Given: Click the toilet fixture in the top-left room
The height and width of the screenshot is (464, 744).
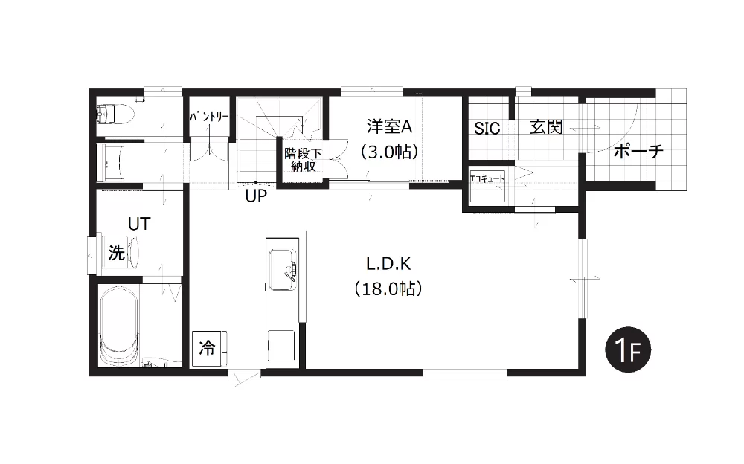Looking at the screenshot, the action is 115,115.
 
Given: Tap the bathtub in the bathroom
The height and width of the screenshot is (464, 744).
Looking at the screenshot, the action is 120,325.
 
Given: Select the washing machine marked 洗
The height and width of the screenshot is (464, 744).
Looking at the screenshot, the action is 121,252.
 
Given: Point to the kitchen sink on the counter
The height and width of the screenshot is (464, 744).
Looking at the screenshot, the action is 283,269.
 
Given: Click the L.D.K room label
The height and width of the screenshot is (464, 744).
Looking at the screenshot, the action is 388,264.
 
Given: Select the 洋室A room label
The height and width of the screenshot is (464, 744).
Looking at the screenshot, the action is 389,126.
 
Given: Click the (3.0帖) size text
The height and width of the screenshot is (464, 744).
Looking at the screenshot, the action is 389,152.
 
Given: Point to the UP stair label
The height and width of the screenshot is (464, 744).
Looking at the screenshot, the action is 256,196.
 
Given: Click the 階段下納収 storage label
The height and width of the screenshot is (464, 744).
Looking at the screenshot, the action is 304,160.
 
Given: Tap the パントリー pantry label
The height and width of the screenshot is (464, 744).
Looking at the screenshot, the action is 209,117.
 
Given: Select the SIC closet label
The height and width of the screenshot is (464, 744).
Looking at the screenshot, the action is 487,128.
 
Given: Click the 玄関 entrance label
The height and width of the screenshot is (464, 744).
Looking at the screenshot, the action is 547,127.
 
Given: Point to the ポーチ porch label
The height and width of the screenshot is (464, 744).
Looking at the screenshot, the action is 638,152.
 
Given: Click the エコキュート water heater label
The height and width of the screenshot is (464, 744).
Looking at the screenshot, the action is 487,179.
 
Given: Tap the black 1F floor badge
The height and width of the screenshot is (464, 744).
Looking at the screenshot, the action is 628,350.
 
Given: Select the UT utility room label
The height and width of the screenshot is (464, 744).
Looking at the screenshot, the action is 140,224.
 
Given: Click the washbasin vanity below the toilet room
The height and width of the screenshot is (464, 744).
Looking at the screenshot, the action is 111,163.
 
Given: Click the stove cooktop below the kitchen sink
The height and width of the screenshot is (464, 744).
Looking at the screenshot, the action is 281,345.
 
